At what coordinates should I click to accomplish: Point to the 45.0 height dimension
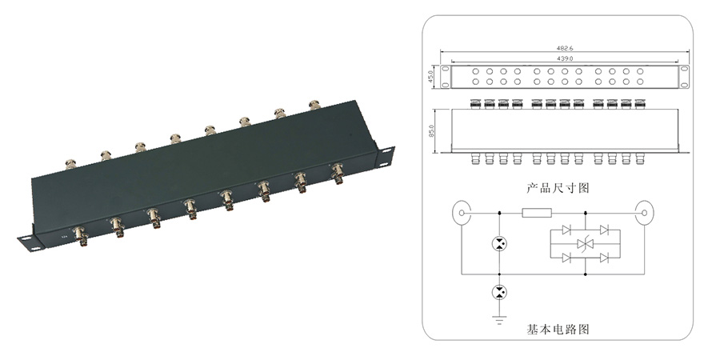coord(431,77)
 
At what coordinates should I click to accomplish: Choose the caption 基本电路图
coord(557,328)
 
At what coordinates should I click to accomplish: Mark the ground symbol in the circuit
coord(499,319)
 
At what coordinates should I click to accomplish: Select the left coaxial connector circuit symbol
coord(462,214)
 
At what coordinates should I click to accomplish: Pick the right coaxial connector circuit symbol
coord(646,214)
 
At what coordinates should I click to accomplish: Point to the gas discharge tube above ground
coord(499,292)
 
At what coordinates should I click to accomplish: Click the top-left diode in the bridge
coord(567,230)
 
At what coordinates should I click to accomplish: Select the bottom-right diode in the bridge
coord(605,257)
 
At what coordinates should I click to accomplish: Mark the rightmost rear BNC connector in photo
coord(314,105)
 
